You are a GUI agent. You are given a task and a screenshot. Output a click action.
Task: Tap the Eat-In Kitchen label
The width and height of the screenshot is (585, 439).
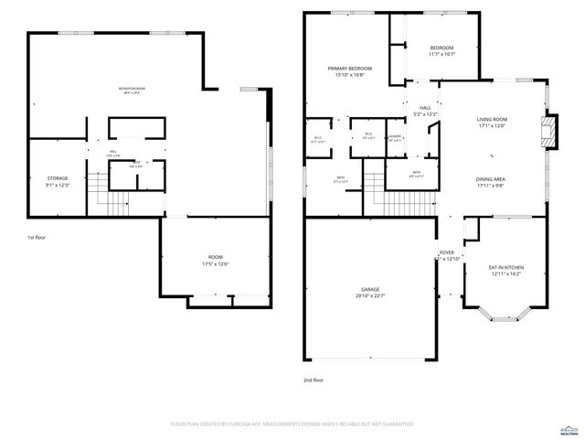(x=506, y=270)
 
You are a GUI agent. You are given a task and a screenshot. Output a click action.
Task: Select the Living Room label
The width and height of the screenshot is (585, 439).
(x=492, y=123)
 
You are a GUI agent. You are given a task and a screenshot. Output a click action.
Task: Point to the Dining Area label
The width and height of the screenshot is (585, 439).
(x=490, y=182)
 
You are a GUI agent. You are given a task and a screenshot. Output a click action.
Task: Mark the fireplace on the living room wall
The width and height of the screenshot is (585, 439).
(x=548, y=132)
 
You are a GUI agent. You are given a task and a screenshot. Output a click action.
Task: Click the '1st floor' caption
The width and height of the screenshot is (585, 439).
(x=37, y=237)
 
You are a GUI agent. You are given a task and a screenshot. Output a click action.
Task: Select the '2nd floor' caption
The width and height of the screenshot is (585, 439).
(x=314, y=380)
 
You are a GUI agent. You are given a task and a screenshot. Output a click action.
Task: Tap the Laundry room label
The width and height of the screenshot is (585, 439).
(x=395, y=138)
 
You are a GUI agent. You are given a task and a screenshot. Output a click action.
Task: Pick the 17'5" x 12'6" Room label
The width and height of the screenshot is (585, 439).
(x=216, y=261)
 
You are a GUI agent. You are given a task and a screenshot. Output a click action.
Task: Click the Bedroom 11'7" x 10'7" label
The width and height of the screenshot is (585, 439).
(x=441, y=50)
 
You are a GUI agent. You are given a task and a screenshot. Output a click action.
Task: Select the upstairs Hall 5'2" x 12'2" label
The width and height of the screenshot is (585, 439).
(x=426, y=111)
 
